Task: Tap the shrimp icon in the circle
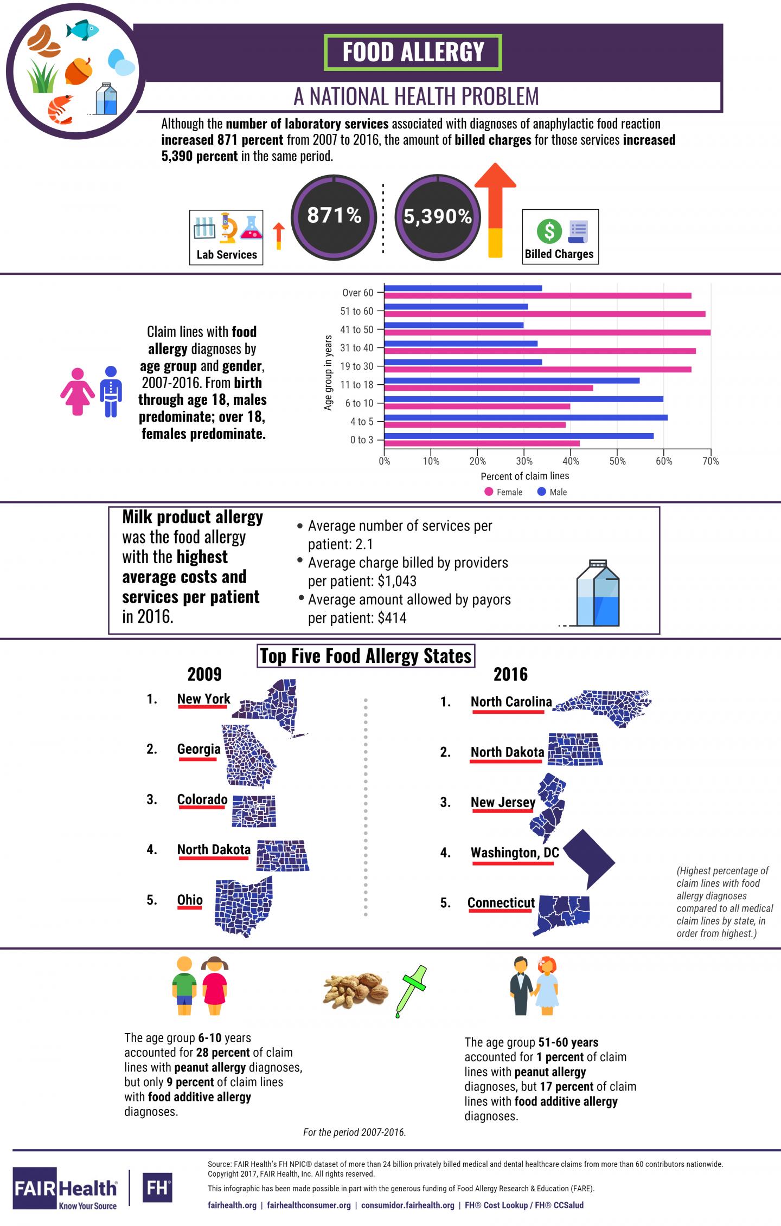coord(60,108)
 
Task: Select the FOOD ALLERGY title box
coord(413,53)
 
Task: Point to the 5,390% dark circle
coord(437,216)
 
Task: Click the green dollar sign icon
coord(549,231)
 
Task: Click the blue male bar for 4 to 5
coord(526,417)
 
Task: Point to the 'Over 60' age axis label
coord(358,293)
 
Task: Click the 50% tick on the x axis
coord(617,461)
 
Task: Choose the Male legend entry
coord(552,492)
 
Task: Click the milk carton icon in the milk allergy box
coord(598,593)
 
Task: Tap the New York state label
coord(204,699)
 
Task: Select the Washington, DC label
coord(515,853)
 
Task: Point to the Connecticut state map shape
coord(562,914)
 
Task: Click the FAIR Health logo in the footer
coord(65,1189)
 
